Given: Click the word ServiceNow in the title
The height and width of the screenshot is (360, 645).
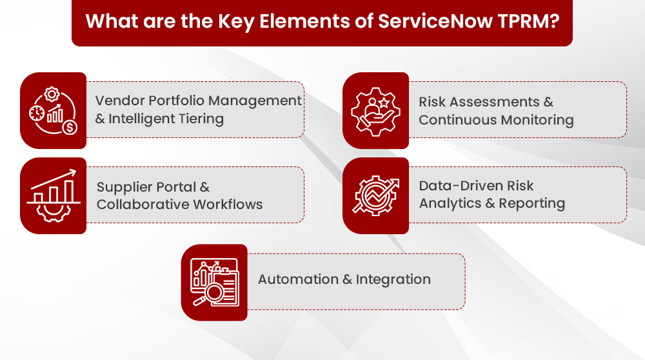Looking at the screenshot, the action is click(435, 21).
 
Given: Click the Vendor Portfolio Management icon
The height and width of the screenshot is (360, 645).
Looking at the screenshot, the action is click(53, 111).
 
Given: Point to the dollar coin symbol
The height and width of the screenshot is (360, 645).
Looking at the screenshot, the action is click(70, 128).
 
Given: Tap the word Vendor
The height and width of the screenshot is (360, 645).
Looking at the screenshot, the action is click(119, 101).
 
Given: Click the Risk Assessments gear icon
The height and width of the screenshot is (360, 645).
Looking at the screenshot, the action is click(375, 112).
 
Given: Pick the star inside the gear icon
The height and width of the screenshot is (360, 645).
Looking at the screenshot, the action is click(384, 103).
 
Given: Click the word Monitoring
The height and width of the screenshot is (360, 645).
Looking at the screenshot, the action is click(537, 120).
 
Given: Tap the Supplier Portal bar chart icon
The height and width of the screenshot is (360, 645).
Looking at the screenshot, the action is click(53, 195).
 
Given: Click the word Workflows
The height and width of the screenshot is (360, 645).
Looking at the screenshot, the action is click(228, 205).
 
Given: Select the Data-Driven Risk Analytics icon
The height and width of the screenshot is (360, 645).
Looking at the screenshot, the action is click(375, 196).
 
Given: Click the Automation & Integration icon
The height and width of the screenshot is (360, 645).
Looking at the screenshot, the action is click(214, 282).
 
